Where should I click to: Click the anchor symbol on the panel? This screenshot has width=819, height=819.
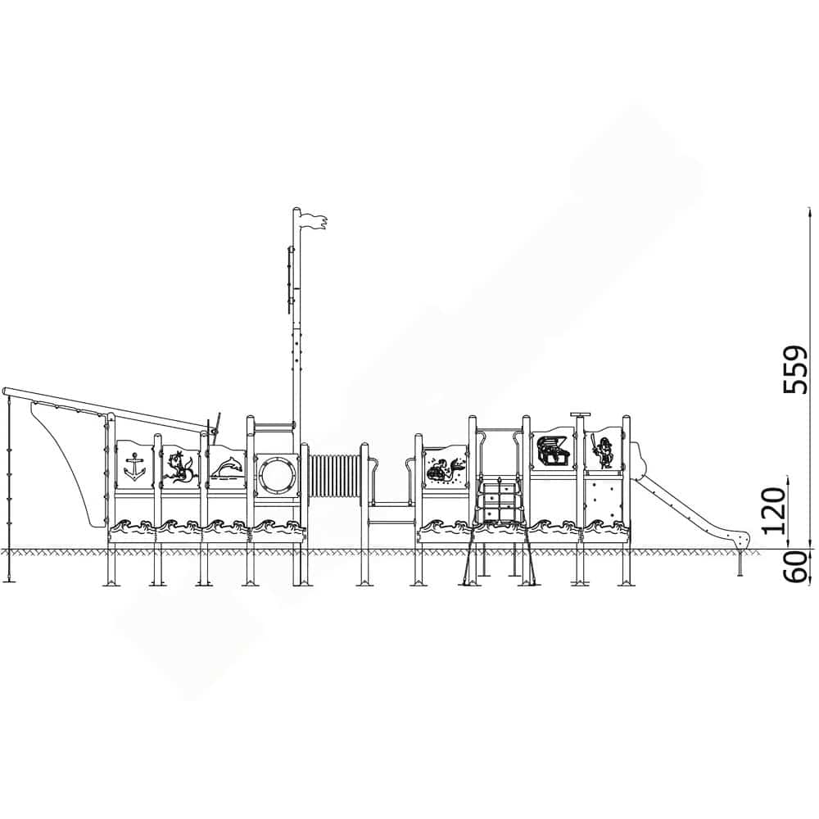133,466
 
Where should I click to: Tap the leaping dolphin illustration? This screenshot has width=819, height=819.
227,467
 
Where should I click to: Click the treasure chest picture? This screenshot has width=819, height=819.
554,450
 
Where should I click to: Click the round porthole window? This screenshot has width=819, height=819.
276,473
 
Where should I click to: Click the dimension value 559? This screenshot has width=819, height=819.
795,369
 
